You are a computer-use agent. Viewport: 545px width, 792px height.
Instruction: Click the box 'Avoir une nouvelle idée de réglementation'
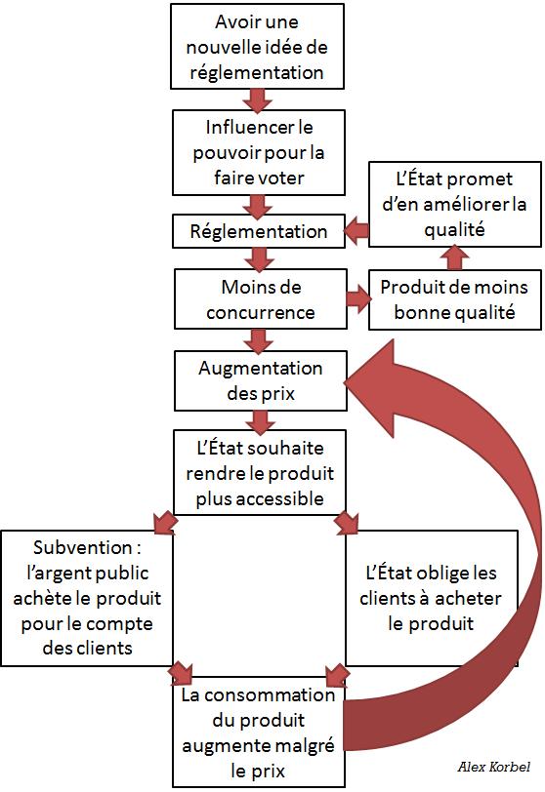(x=259, y=45)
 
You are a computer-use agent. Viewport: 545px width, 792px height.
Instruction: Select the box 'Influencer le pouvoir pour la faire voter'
(x=259, y=151)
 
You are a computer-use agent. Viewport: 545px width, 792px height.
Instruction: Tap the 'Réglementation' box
(x=259, y=232)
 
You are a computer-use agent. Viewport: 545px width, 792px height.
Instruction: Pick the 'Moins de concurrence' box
(x=259, y=299)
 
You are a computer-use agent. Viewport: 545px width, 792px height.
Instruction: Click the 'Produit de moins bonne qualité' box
(x=453, y=299)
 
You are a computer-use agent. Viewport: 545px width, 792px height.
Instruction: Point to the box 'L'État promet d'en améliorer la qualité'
(x=453, y=203)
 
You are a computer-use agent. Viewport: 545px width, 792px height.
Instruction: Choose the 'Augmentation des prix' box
(x=259, y=380)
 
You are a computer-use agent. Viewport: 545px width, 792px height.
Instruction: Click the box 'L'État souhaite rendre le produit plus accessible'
(x=259, y=471)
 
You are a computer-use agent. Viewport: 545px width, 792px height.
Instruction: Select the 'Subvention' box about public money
(x=87, y=597)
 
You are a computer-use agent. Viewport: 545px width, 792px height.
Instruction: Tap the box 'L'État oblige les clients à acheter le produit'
(x=432, y=597)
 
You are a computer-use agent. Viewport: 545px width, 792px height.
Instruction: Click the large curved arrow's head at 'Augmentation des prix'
(x=375, y=379)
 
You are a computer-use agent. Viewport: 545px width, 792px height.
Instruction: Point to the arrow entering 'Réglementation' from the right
(x=356, y=232)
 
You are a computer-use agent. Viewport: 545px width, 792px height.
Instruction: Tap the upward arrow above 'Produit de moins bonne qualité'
(x=453, y=257)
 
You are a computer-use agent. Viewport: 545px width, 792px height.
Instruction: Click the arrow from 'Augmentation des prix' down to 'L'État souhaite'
(x=259, y=421)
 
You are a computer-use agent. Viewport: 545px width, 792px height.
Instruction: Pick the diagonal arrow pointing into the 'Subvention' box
(x=162, y=520)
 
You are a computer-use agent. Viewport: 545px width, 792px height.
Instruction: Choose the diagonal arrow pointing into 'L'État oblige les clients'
(x=345, y=522)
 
